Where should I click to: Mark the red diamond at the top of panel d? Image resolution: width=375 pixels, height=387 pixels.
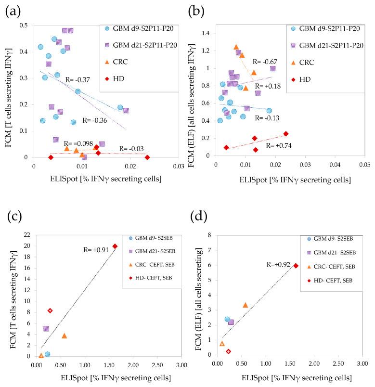click(296, 266)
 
